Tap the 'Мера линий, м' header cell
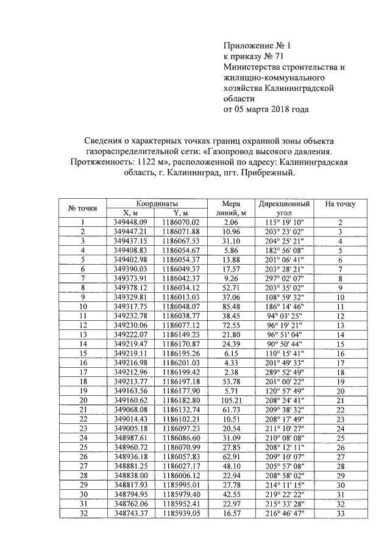click(x=230, y=208)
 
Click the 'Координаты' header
click(x=156, y=203)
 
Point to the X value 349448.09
click(x=131, y=222)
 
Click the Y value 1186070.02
click(x=177, y=222)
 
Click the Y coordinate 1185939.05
click(x=177, y=515)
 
